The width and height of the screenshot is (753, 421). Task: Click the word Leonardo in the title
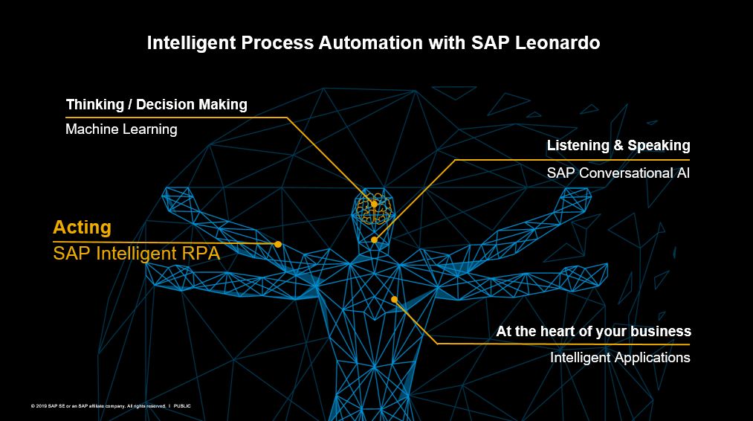pos(558,43)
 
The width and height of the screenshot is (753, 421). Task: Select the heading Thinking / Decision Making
pos(157,105)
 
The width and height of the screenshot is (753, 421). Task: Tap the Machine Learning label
pos(121,129)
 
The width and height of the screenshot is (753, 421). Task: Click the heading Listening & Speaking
pos(618,146)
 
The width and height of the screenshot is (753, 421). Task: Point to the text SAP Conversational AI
pos(618,173)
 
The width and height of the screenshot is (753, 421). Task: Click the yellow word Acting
pos(82,228)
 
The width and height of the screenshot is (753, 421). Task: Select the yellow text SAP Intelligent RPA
pos(136,254)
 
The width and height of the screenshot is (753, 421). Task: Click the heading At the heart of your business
pos(594,332)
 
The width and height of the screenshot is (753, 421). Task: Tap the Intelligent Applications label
pos(620,358)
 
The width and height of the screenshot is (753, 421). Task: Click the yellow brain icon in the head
pos(375,208)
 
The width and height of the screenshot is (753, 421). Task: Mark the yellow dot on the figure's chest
pos(394,300)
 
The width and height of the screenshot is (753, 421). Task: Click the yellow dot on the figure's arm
pos(277,244)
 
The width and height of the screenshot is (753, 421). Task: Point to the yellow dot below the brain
pos(374,240)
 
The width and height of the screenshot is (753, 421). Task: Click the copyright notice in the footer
pos(98,406)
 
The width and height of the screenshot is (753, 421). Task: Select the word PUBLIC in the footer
pos(182,406)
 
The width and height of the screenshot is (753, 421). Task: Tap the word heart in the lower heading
pos(558,332)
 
